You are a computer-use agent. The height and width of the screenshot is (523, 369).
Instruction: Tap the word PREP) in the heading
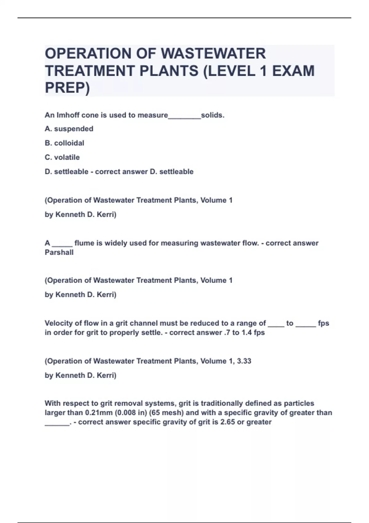pyautogui.click(x=67, y=88)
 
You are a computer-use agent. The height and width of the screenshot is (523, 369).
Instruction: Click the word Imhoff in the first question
pyautogui.click(x=69, y=115)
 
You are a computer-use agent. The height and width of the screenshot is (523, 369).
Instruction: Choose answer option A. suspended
pyautogui.click(x=69, y=129)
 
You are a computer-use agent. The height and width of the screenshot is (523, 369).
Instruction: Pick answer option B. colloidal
pyautogui.click(x=64, y=143)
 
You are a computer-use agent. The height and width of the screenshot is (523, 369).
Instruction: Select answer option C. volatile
pyautogui.click(x=62, y=157)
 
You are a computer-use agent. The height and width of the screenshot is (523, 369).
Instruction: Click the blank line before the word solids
pyautogui.click(x=184, y=117)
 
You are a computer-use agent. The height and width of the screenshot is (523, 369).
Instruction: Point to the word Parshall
pyautogui.click(x=59, y=253)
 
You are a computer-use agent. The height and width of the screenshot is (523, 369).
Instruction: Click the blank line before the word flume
pyautogui.click(x=62, y=245)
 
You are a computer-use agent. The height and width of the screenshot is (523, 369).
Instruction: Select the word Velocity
pyautogui.click(x=58, y=323)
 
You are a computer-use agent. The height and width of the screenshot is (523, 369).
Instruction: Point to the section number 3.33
pyautogui.click(x=244, y=361)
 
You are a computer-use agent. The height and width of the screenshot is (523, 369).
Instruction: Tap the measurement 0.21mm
pyautogui.click(x=99, y=413)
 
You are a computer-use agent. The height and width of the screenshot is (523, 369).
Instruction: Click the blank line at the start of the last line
pyautogui.click(x=57, y=424)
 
